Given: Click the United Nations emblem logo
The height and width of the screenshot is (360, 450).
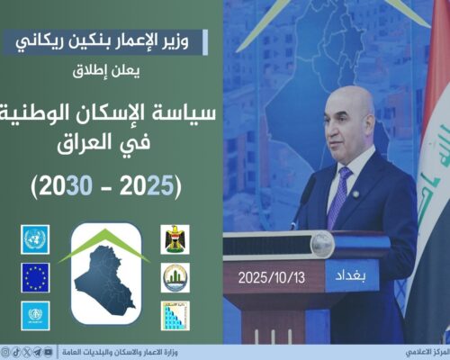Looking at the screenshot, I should tap(35, 238).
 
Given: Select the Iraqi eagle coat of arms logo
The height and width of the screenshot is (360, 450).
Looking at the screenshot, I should tap(175, 238).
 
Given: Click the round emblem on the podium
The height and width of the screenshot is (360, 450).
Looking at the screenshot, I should tap(321, 243).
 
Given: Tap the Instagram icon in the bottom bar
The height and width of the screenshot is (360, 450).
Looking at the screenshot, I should tap(5, 352).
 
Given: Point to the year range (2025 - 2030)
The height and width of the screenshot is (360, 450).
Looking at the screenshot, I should tap(106, 186).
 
